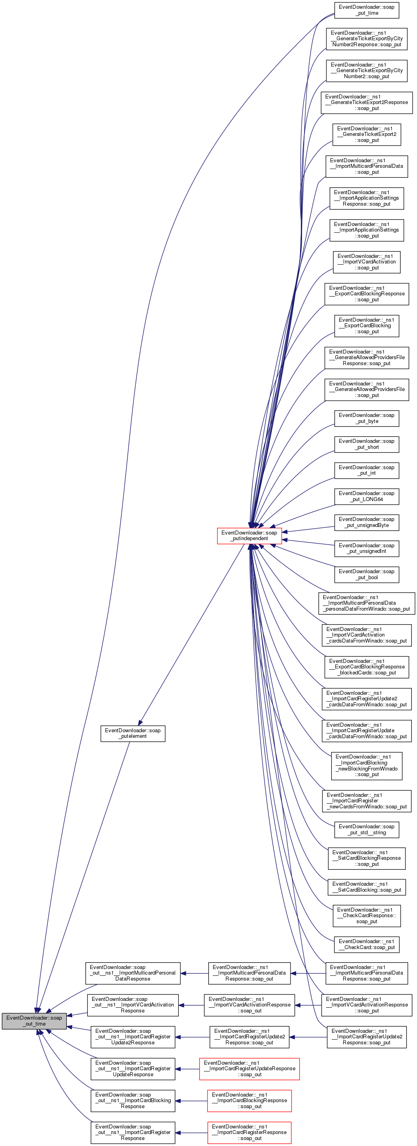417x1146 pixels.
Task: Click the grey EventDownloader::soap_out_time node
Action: (34, 1020)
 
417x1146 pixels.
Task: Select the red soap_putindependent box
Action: (249, 536)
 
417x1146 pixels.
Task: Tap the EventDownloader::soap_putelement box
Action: (133, 733)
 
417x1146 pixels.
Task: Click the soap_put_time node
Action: (366, 10)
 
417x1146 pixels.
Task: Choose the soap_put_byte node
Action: (366, 418)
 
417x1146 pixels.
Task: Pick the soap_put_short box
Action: (366, 444)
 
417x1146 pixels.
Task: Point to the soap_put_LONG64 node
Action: (366, 496)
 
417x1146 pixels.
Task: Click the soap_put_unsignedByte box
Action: (366, 522)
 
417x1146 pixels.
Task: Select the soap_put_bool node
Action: (366, 574)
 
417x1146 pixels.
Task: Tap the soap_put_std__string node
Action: (366, 830)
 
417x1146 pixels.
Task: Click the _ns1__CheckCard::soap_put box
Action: (366, 944)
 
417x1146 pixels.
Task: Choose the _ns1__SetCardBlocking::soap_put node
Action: (366, 887)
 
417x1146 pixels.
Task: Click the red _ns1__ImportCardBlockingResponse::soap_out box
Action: (249, 1101)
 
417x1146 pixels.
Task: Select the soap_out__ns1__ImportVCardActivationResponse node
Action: (133, 1005)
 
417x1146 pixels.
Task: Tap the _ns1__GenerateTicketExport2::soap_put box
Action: (366, 134)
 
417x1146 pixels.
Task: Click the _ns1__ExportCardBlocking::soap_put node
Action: (366, 326)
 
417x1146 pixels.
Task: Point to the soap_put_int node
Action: (366, 470)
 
